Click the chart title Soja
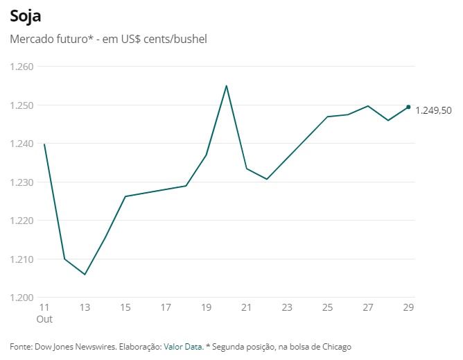(x=25, y=15)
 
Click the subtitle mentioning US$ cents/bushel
(x=109, y=39)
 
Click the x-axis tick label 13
(x=85, y=307)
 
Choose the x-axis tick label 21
(x=247, y=307)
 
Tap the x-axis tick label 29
(x=408, y=307)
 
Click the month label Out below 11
(x=44, y=319)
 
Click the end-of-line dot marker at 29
(x=408, y=107)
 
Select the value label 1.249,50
(x=433, y=110)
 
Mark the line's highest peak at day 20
(x=226, y=86)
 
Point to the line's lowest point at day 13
(x=85, y=275)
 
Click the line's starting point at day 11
(x=44, y=144)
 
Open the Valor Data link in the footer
(x=183, y=346)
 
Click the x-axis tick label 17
(x=166, y=307)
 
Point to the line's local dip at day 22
(x=267, y=179)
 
